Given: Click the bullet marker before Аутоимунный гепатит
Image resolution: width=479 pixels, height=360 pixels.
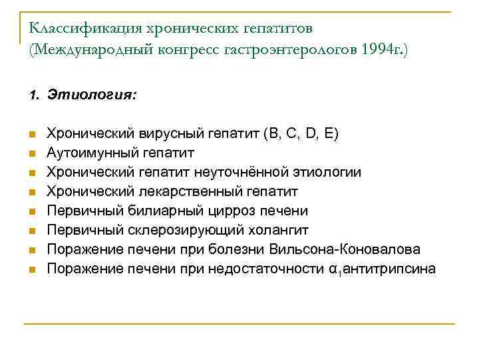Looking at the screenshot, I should click(31, 154).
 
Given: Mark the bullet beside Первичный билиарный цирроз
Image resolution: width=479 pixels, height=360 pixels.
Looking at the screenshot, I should click(31, 212).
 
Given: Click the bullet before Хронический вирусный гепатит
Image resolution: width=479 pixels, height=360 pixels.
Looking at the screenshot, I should click(31, 135).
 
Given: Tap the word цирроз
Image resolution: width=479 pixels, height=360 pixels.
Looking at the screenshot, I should click(225, 211).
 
